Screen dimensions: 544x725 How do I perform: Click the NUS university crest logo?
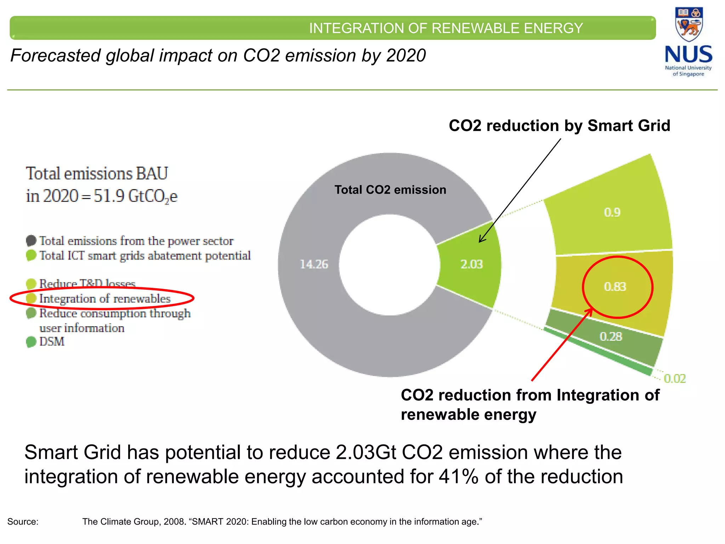pyautogui.click(x=689, y=24)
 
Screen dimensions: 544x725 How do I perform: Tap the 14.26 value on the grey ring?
pyautogui.click(x=314, y=264)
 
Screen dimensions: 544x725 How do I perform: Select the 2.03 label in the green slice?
pyautogui.click(x=472, y=264)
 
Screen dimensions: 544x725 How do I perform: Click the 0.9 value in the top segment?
pyautogui.click(x=612, y=212)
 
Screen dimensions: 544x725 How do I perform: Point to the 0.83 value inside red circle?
pyautogui.click(x=615, y=287)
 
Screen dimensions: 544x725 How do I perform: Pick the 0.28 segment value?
pyautogui.click(x=611, y=336)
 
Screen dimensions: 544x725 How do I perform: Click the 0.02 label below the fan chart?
pyautogui.click(x=675, y=379)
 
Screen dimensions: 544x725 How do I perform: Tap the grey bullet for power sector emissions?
pyautogui.click(x=31, y=241)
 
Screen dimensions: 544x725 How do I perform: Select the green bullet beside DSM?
pyautogui.click(x=31, y=342)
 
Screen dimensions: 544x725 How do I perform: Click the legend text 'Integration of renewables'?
pyautogui.click(x=105, y=299)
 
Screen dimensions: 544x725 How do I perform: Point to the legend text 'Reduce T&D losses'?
pyautogui.click(x=87, y=284)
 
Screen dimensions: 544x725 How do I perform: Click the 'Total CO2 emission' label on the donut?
pyautogui.click(x=390, y=190)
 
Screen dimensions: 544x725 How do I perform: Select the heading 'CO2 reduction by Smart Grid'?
pyautogui.click(x=559, y=126)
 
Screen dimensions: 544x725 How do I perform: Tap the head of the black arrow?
pyautogui.click(x=480, y=241)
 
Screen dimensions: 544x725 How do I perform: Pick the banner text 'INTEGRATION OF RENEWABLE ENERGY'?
pyautogui.click(x=446, y=28)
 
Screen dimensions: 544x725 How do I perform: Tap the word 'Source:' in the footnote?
pyautogui.click(x=23, y=522)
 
